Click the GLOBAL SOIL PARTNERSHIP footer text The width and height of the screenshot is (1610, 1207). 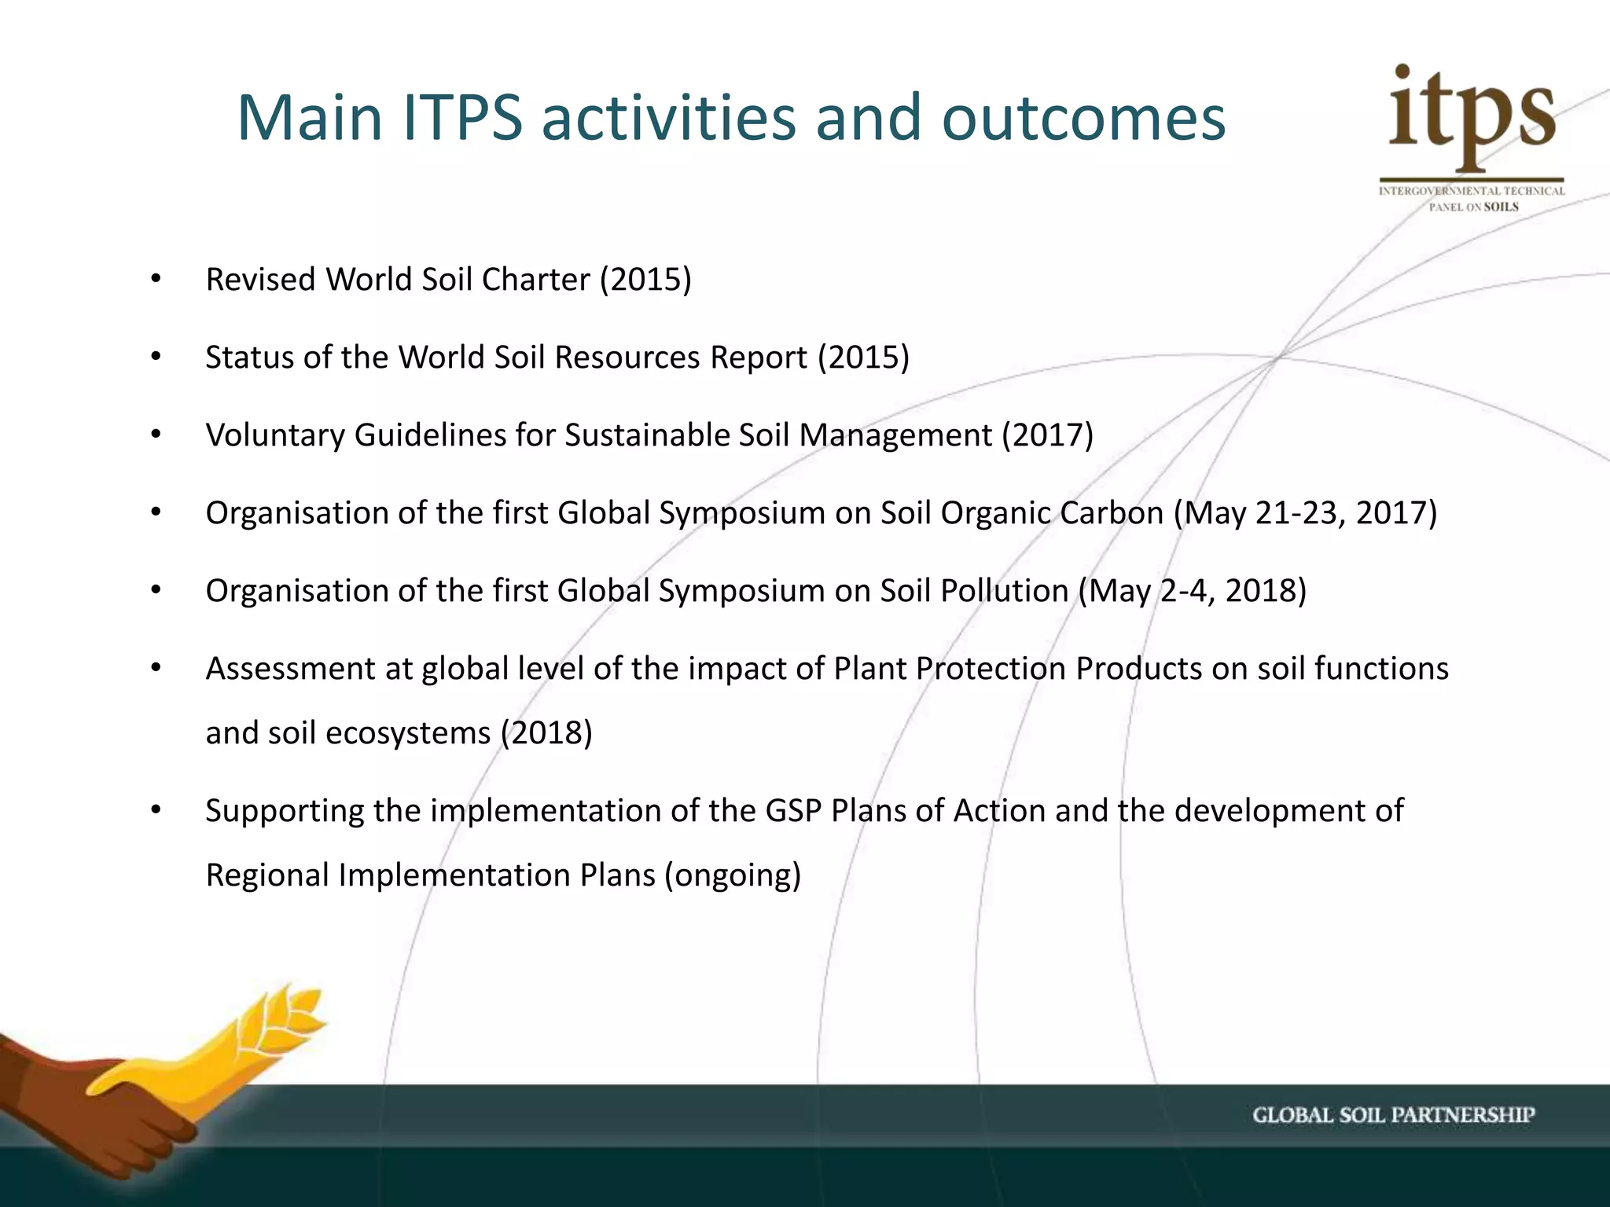1393,1115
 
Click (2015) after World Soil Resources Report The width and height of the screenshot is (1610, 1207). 863,358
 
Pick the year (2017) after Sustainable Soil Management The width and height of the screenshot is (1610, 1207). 1047,435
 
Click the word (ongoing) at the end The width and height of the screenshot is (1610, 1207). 733,875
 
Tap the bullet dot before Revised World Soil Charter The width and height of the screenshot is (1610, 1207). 156,280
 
